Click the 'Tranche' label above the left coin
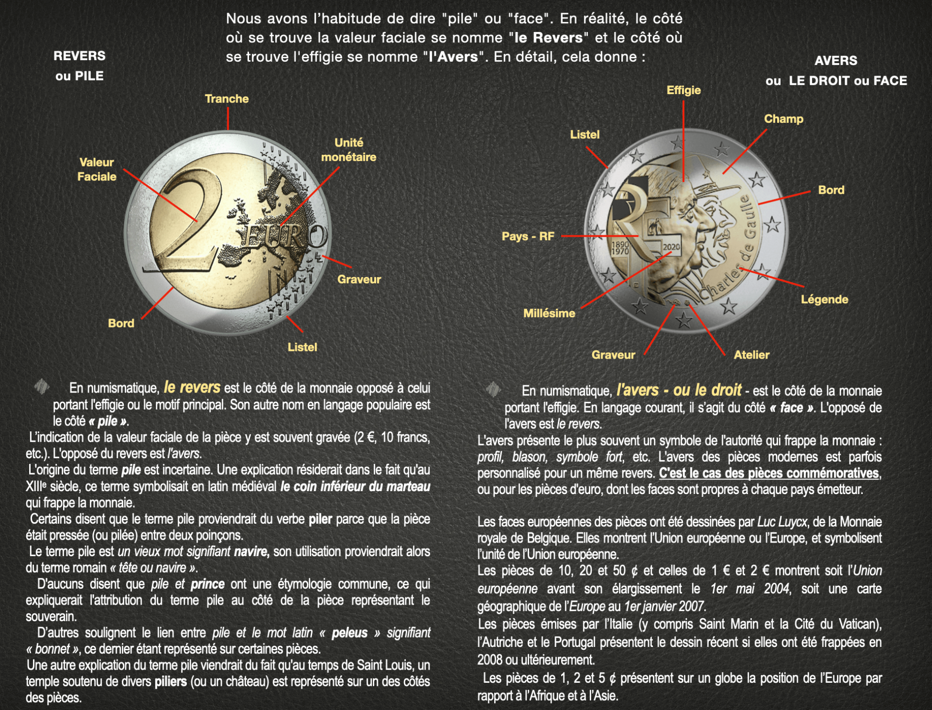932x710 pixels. [227, 99]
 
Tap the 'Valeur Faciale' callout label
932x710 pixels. [97, 169]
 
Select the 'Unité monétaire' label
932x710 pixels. [349, 149]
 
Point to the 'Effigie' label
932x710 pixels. [683, 90]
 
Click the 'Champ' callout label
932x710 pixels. [783, 119]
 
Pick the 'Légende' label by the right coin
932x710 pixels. [824, 299]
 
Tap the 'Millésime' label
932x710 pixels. [549, 314]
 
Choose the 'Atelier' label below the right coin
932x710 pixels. [751, 355]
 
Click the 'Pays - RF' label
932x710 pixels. [528, 236]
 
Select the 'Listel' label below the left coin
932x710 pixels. [302, 347]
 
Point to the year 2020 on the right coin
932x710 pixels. [671, 247]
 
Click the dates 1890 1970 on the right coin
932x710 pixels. [620, 248]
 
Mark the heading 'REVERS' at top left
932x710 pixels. [79, 56]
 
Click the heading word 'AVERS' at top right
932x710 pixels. [835, 61]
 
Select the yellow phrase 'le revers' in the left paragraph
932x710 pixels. [192, 387]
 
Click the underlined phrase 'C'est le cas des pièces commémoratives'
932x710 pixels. [768, 473]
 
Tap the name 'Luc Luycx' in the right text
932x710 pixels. [782, 522]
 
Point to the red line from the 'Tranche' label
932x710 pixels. [228, 118]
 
